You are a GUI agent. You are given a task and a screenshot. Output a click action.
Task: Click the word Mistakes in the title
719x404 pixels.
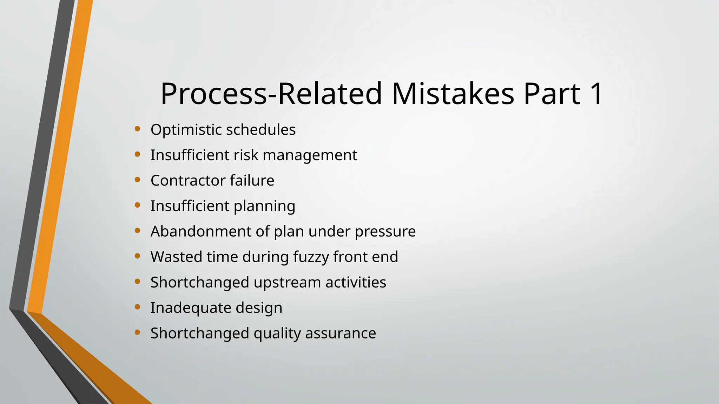click(x=453, y=94)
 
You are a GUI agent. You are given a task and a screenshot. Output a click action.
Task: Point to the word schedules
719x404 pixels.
click(x=260, y=130)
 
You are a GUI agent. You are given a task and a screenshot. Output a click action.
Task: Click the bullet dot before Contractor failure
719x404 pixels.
click(x=138, y=180)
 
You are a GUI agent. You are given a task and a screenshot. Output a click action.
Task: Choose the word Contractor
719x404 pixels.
click(x=187, y=181)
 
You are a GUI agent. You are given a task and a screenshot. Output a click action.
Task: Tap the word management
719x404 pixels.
click(x=310, y=155)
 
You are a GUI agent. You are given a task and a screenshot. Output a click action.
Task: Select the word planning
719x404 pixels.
click(x=264, y=206)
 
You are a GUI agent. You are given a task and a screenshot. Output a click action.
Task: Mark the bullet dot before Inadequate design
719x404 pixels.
click(x=138, y=307)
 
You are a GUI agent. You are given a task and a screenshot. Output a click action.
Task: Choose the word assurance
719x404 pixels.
click(x=341, y=334)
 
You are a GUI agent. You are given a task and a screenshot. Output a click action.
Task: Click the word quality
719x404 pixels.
click(x=277, y=334)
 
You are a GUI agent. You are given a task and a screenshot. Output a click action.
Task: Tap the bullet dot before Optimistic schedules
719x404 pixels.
click(x=138, y=129)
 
